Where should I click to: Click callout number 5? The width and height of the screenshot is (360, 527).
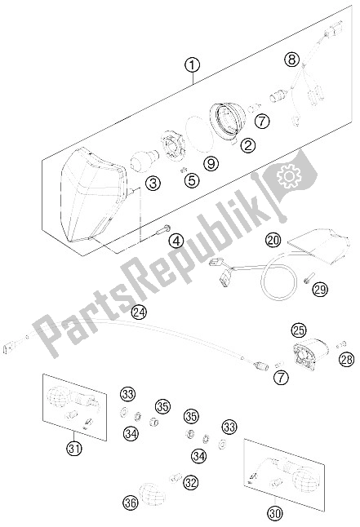click(191, 179)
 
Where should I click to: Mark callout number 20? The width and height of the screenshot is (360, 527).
click(273, 241)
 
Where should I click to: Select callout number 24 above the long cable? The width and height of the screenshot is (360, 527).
click(140, 311)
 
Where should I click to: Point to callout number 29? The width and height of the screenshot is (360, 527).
click(321, 289)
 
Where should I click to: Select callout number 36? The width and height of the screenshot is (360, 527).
click(128, 504)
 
